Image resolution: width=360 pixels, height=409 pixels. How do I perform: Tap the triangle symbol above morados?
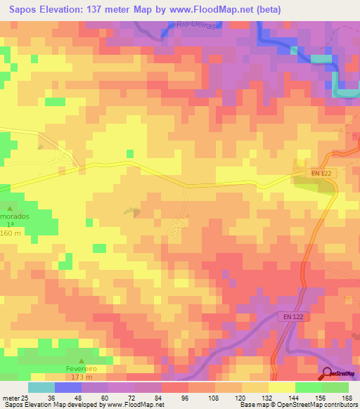click(10, 208)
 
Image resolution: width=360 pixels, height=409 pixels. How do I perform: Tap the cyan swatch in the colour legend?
click(41, 387)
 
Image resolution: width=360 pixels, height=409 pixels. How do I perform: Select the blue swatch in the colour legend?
click(67, 387)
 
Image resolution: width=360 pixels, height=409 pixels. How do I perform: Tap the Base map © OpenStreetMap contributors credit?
click(297, 405)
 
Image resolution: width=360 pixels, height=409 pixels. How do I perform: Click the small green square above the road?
click(129, 153)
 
